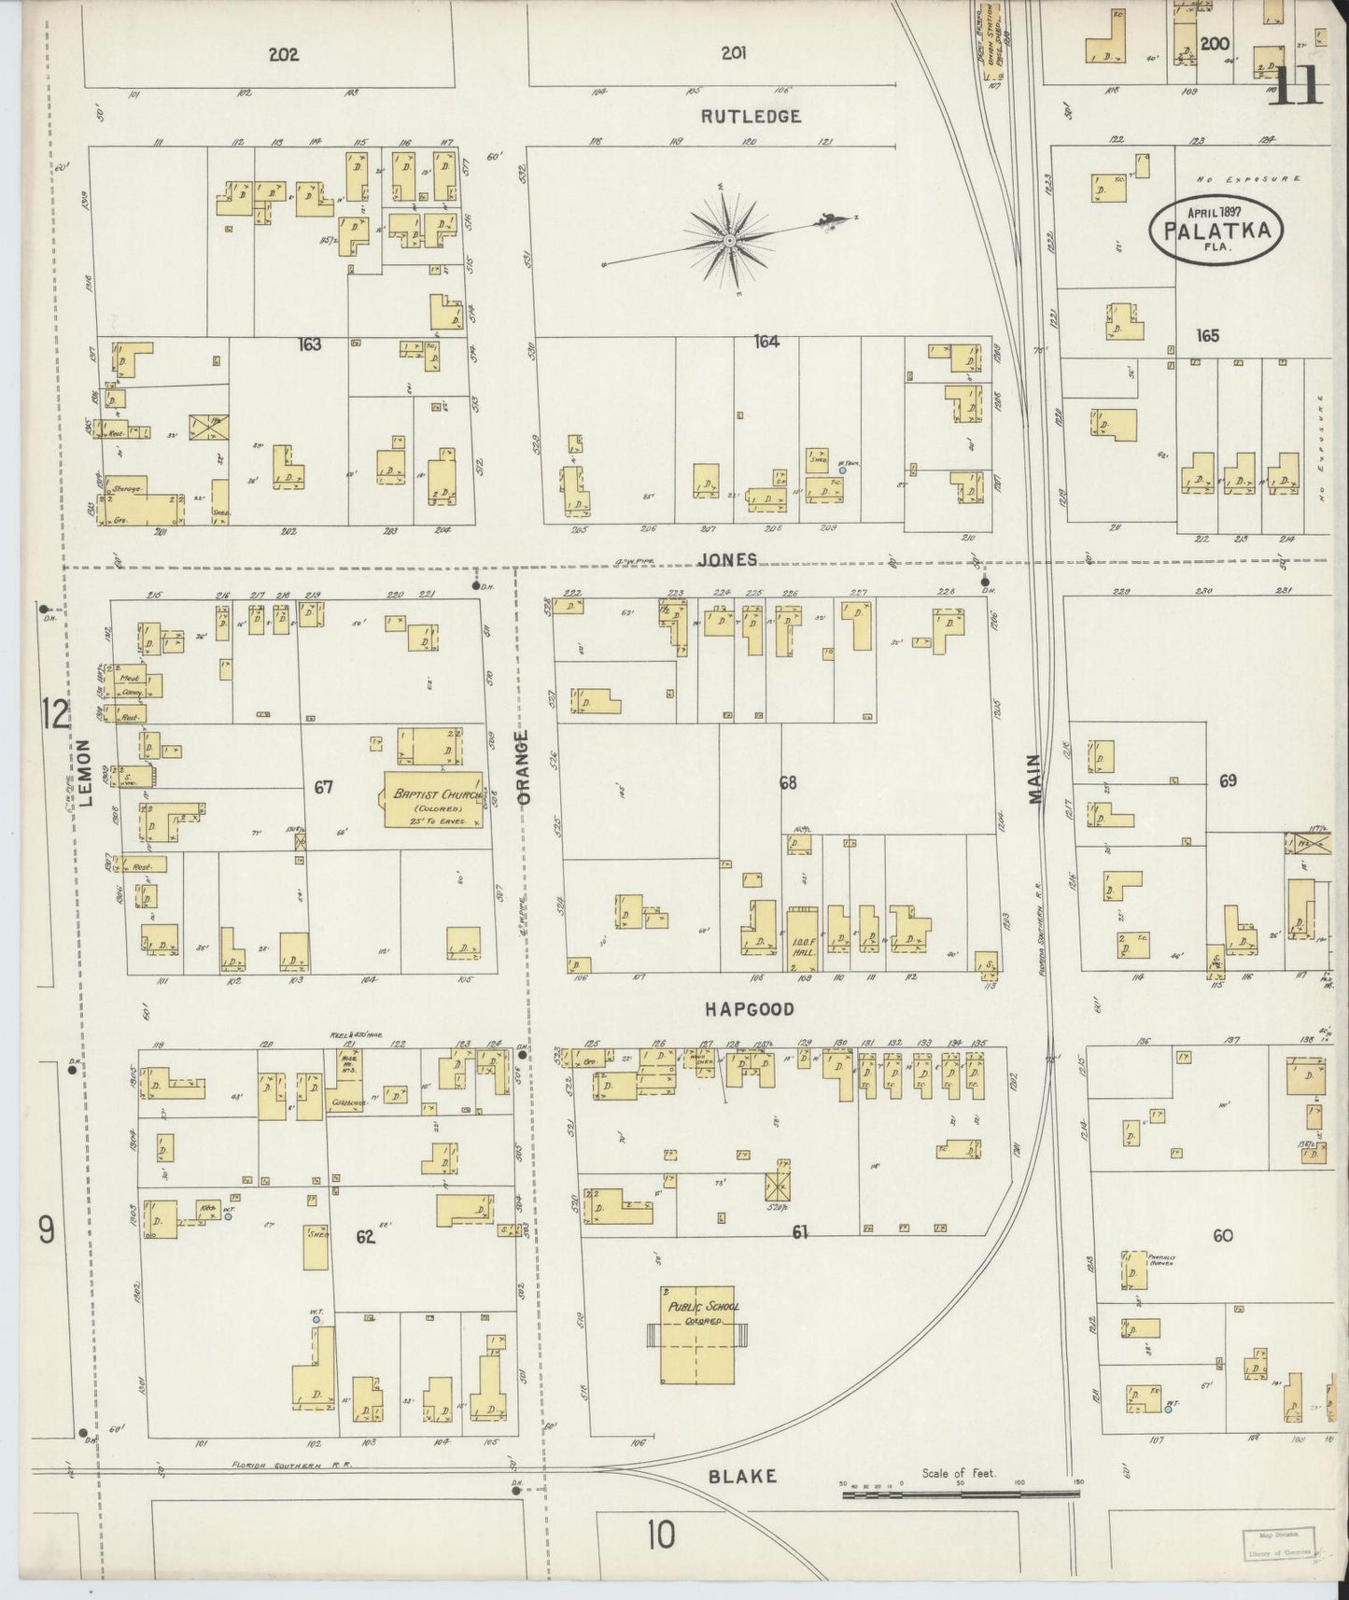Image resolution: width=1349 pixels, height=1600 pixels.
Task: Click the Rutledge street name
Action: [751, 117]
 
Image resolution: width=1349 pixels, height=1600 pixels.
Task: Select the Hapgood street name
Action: [749, 1009]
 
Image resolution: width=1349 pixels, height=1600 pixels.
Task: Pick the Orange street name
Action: [524, 767]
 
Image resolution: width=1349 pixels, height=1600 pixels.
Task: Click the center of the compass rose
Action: [729, 241]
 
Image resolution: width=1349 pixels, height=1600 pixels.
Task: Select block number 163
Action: [309, 344]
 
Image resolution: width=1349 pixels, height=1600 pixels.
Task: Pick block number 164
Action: [766, 342]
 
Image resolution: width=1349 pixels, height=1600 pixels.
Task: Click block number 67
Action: [323, 787]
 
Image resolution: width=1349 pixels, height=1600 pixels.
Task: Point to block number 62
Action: [365, 1238]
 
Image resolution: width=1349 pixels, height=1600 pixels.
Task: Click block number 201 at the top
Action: [734, 53]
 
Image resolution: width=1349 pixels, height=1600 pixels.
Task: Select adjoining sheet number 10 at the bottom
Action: [660, 1534]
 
